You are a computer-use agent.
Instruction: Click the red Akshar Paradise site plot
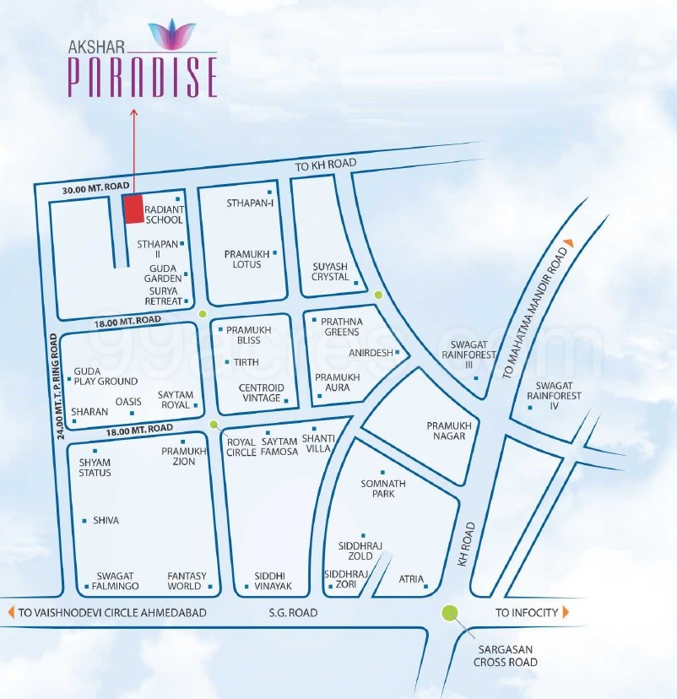(x=133, y=209)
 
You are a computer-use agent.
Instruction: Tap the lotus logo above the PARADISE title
(x=171, y=34)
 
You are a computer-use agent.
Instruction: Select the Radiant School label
(x=163, y=214)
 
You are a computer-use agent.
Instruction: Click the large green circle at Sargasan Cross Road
(x=450, y=614)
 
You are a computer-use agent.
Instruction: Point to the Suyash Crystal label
(x=330, y=271)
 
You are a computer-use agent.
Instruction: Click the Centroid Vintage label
(x=262, y=393)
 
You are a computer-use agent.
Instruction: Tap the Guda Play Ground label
(x=106, y=376)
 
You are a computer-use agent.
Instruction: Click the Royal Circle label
(x=241, y=447)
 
